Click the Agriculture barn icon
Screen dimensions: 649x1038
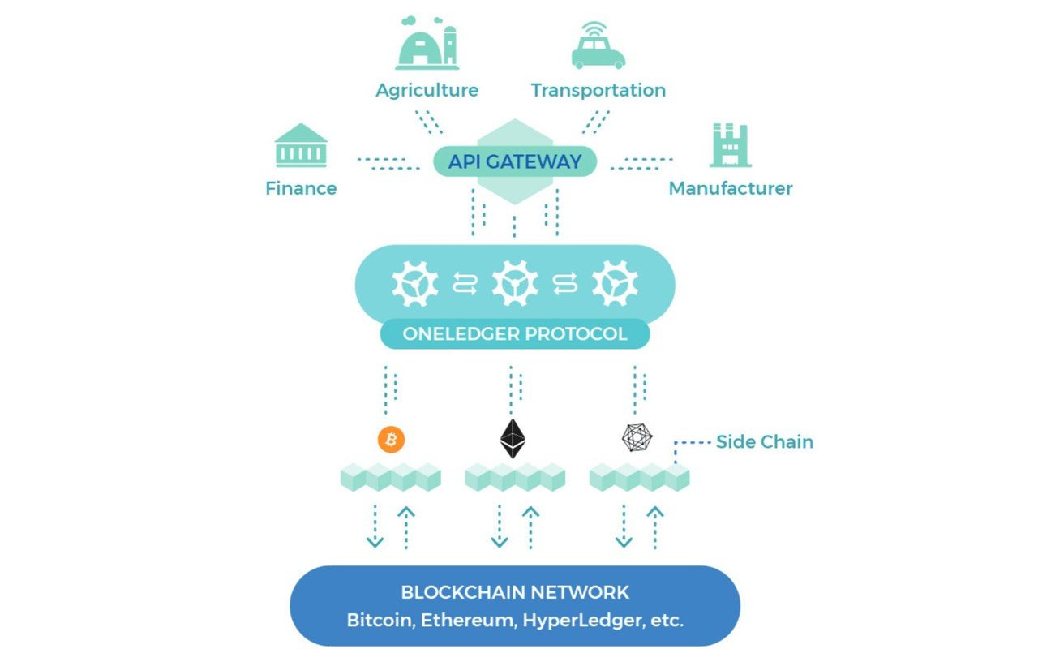point(427,46)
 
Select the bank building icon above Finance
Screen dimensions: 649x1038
point(301,145)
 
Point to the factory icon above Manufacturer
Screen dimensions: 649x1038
point(730,145)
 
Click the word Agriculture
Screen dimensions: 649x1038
point(427,90)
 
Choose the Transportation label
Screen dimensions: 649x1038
point(598,90)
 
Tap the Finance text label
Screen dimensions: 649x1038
point(301,188)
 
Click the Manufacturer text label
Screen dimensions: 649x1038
point(731,188)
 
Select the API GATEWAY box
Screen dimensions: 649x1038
point(515,161)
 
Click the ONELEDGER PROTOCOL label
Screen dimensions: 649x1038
point(515,333)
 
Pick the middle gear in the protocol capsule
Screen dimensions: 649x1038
point(515,283)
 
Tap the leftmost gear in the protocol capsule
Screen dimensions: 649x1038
point(415,283)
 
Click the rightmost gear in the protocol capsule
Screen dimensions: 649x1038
point(615,283)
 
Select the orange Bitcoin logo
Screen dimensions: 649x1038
point(391,440)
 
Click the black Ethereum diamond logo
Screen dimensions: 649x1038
point(513,439)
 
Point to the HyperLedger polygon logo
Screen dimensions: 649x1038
point(637,439)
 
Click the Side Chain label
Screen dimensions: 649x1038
point(764,442)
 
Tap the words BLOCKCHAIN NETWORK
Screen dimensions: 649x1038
point(515,592)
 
